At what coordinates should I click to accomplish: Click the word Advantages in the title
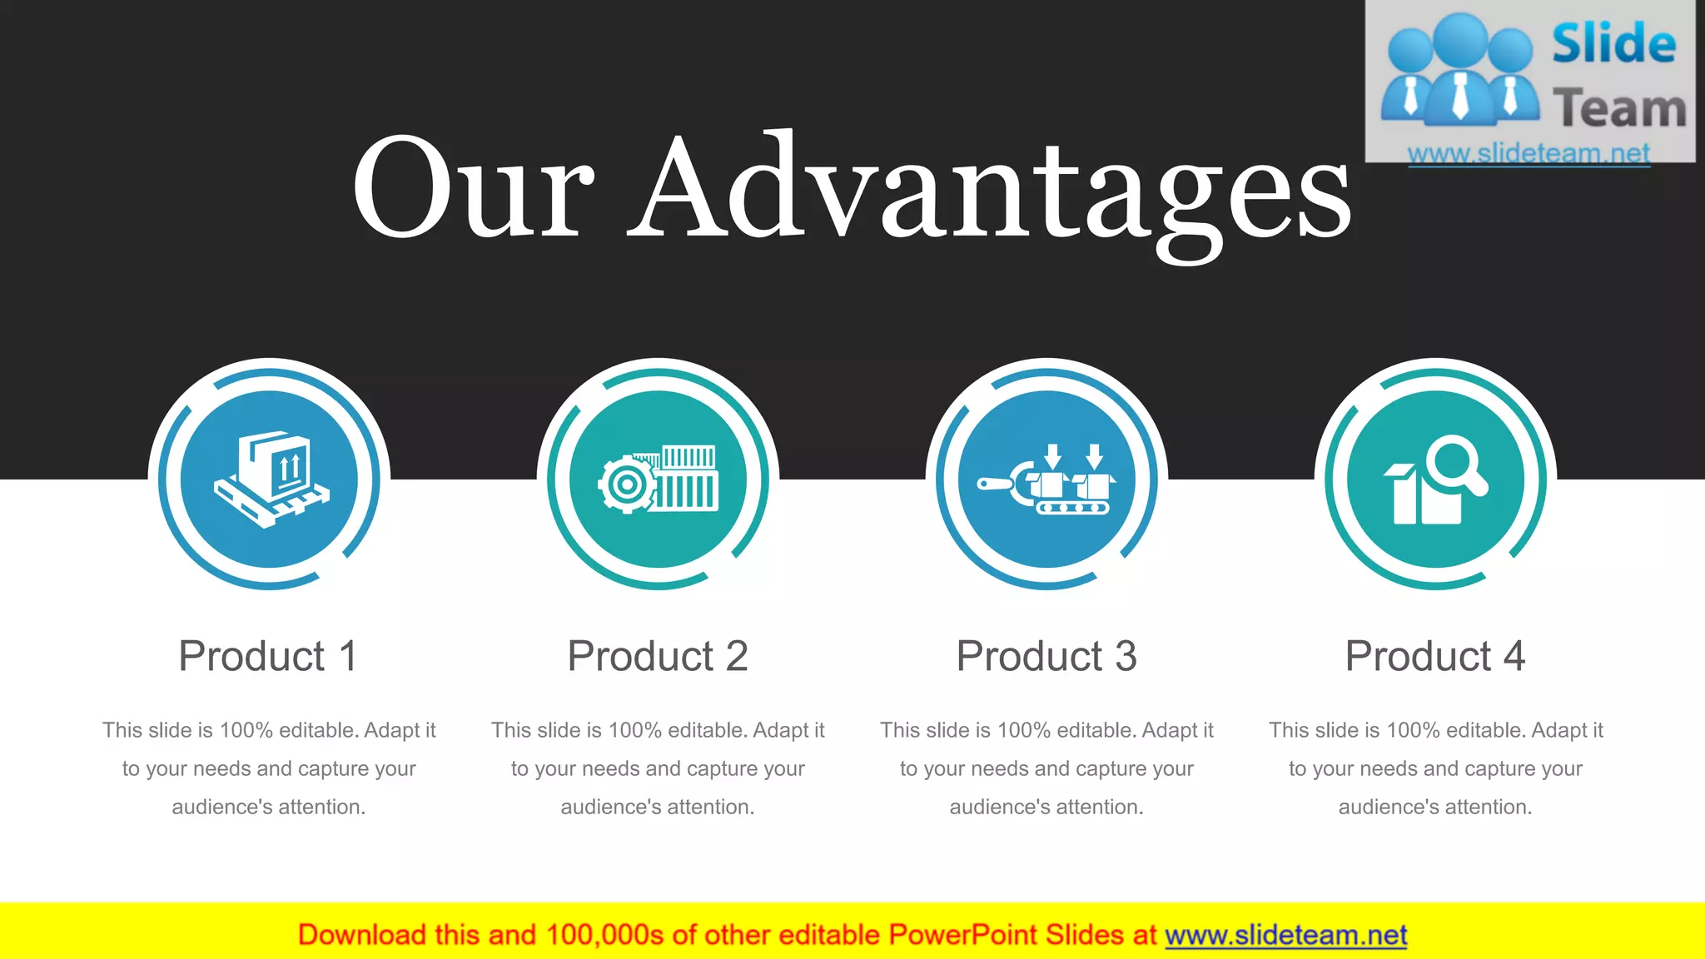(990, 188)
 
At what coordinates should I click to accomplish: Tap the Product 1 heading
(268, 656)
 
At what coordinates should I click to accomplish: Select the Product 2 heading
(658, 656)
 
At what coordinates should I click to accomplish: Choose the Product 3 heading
(1046, 656)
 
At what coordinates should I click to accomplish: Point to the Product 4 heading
(1435, 656)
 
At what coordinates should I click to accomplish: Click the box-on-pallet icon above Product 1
(271, 479)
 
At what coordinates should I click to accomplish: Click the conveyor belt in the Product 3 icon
(1072, 507)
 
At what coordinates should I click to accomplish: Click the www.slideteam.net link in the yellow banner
(1285, 935)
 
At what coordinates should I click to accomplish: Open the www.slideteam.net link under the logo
(1529, 153)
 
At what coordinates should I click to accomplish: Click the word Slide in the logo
(1613, 43)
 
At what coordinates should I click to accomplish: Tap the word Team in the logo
(1619, 108)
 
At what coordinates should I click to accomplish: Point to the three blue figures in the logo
(1459, 71)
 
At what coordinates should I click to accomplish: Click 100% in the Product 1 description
(246, 730)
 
